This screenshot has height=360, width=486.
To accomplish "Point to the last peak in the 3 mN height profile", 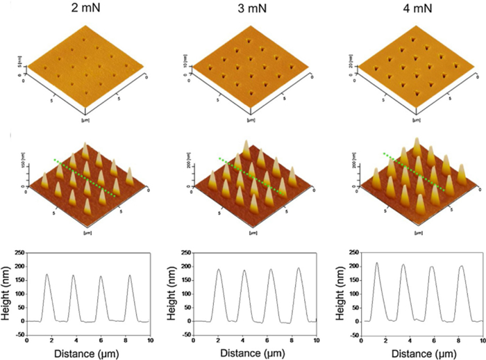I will pyautogui.click(x=299, y=269).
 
